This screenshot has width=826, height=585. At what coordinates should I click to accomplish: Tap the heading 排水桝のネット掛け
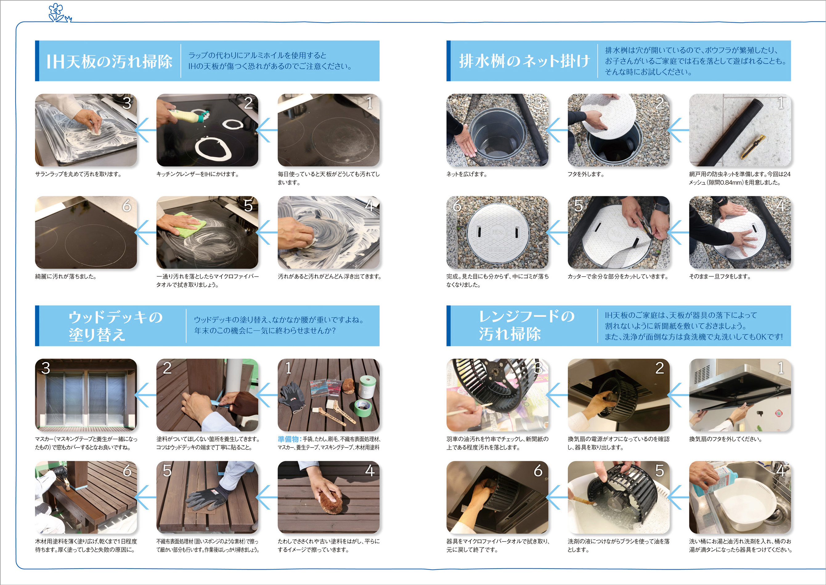[x=524, y=61]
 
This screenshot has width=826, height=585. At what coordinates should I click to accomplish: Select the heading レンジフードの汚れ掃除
[x=526, y=325]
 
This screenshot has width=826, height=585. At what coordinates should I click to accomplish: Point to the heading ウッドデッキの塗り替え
[x=115, y=326]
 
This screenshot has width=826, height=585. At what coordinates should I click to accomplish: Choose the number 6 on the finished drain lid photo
[x=457, y=206]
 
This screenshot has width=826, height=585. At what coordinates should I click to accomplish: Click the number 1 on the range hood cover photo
[x=781, y=368]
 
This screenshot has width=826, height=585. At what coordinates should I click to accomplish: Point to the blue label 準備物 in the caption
[x=288, y=439]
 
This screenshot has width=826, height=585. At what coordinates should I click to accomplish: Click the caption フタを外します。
[x=586, y=174]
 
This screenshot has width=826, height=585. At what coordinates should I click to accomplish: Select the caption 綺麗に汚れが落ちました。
[x=66, y=277]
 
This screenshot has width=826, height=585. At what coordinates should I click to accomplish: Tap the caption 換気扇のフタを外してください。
[x=725, y=439]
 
